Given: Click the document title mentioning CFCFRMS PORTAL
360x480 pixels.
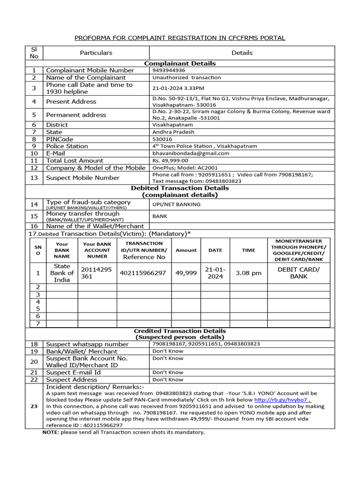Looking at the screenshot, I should click(180, 38).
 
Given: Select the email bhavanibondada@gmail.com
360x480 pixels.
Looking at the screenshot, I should click(191, 153).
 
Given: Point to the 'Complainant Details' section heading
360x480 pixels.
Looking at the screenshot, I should click(180, 63).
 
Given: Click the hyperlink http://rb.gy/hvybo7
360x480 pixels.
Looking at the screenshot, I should click(282, 400).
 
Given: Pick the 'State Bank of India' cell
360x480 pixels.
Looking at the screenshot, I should click(62, 273).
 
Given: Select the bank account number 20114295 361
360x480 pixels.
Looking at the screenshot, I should click(97, 273).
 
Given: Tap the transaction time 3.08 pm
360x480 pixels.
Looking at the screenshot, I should click(248, 273).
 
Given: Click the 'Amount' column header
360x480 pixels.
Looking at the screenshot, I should click(186, 250).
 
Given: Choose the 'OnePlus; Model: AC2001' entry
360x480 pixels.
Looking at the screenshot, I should click(185, 168).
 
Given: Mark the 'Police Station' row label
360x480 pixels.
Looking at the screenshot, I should click(67, 146).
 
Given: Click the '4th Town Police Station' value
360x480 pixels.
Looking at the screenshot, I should click(205, 146).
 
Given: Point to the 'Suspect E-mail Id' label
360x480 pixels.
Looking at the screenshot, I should click(73, 372).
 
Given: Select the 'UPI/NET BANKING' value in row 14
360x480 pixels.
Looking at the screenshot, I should click(176, 204).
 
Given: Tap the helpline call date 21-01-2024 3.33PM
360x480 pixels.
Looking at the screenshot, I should click(178, 88).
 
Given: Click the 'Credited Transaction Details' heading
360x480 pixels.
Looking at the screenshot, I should click(180, 331).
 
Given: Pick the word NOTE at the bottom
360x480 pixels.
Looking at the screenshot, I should click(51, 432).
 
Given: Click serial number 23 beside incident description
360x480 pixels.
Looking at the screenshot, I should click(34, 406).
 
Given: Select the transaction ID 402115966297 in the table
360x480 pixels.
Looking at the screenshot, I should click(143, 273).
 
